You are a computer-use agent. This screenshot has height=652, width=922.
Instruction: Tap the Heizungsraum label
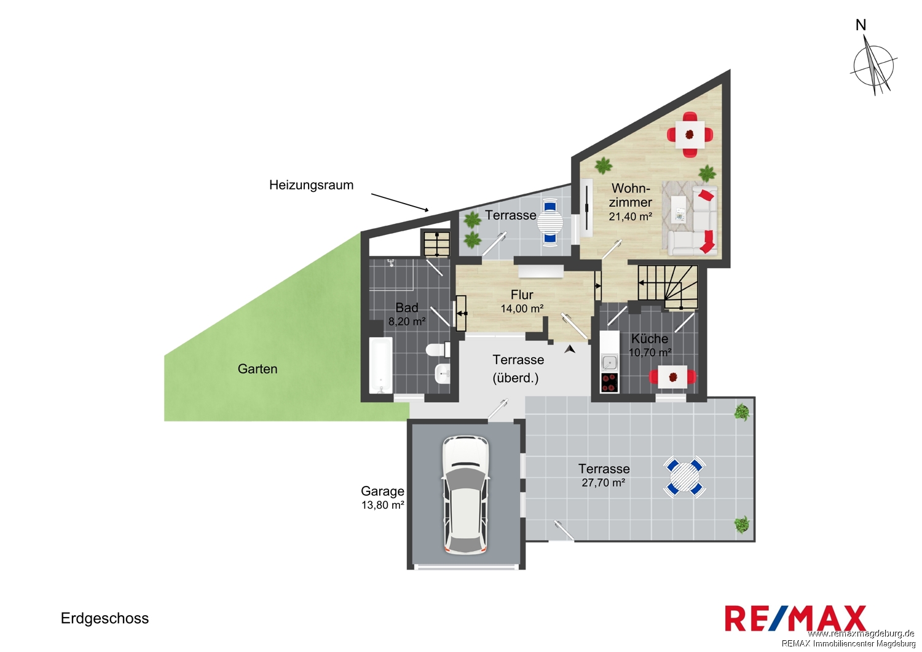(311, 185)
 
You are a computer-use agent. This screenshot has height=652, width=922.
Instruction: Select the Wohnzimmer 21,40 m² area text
(630, 202)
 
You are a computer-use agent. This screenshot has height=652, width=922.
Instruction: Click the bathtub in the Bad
(381, 365)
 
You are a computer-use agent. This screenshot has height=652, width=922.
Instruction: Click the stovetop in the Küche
(609, 382)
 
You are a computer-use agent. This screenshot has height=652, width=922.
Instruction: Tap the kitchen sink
(609, 362)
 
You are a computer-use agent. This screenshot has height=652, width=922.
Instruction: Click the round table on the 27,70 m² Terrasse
(685, 477)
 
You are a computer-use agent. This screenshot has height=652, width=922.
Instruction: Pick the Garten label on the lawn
(258, 368)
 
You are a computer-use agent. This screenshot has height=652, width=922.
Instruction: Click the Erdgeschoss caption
(104, 618)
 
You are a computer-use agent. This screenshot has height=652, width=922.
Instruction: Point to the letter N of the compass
(872, 25)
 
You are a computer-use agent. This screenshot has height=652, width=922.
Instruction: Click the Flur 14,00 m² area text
(522, 301)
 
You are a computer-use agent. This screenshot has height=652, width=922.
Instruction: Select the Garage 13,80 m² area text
(382, 498)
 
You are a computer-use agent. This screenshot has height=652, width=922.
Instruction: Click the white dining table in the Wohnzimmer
(690, 134)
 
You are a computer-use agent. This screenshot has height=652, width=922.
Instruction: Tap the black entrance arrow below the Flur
(570, 349)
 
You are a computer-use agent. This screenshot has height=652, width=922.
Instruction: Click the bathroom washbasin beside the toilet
(443, 374)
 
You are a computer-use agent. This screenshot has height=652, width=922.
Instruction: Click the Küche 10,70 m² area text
(650, 345)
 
